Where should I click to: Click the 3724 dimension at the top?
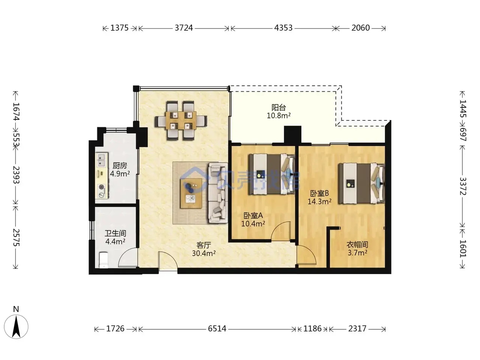183,28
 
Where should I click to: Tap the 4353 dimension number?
283,28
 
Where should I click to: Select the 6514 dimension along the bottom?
217,328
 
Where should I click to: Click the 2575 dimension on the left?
16,237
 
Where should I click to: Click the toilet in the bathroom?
103,260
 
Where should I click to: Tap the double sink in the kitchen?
101,160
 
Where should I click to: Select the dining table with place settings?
181,120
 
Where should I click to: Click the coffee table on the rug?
191,193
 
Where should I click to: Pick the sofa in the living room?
218,193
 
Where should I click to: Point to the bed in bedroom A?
271,174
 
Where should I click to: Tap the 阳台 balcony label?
279,107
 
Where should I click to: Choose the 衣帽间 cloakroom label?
357,244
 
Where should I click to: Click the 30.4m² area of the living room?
204,253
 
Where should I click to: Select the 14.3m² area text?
319,201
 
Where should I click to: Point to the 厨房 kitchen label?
120,166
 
